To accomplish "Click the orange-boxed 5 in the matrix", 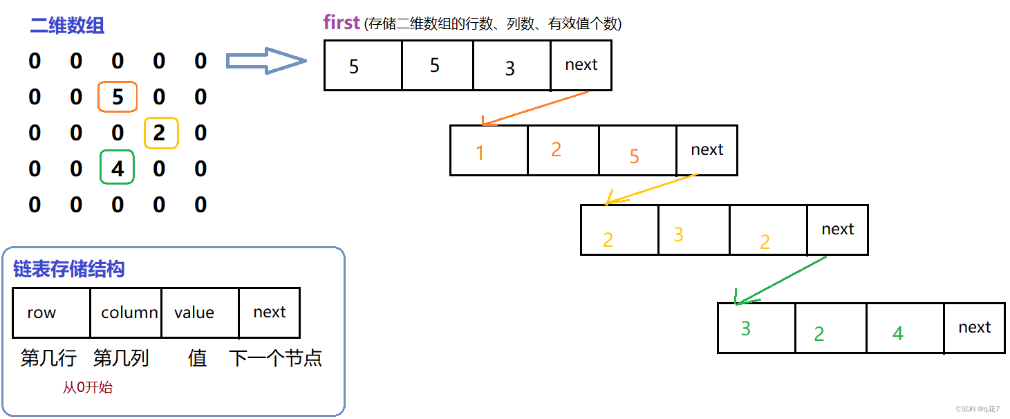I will click(118, 97).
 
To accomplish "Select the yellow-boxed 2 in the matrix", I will click(160, 133).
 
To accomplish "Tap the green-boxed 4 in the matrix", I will click(118, 168).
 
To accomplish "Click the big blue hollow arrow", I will click(266, 62).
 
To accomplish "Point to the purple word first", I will click(342, 22).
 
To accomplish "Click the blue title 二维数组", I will click(67, 26).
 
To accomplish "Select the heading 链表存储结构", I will click(69, 268).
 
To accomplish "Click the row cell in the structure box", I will click(51, 313).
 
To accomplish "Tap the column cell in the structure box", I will click(126, 313).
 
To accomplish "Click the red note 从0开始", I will click(87, 387).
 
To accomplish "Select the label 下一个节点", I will click(275, 358).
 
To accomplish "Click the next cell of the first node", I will click(581, 65).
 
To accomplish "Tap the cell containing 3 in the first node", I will click(512, 66).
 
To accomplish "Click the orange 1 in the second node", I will click(480, 152).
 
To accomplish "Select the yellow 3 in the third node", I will click(678, 234).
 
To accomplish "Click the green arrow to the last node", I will click(781, 280).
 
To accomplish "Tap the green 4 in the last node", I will click(897, 334).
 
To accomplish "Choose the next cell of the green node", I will click(974, 328).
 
